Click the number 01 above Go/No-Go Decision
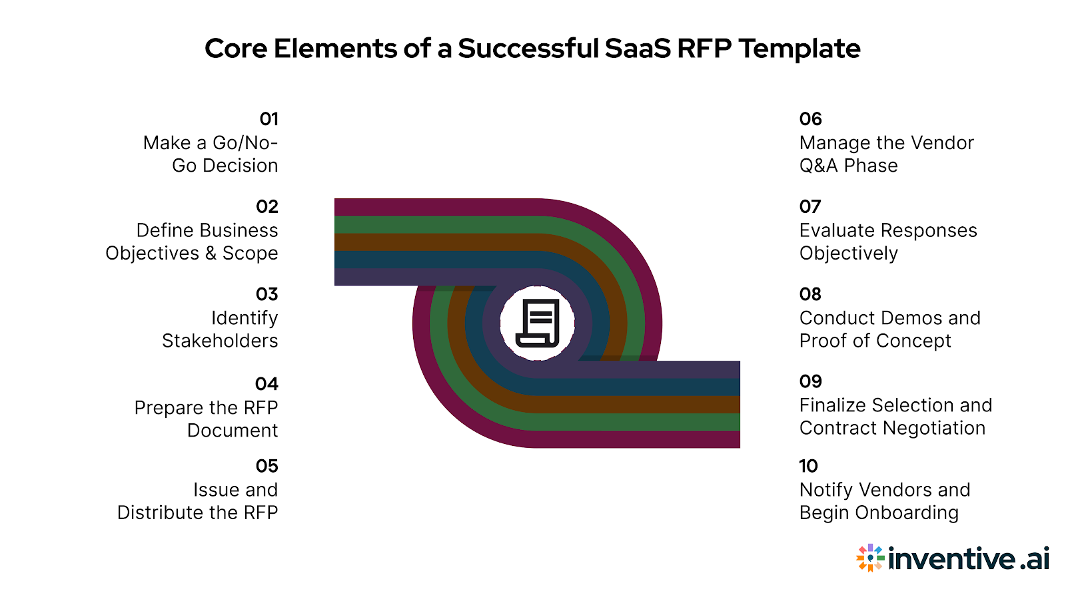268,119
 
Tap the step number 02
266,207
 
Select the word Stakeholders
220,341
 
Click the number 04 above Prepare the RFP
266,384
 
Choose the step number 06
810,119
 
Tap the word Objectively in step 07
848,254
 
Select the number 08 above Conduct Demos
810,294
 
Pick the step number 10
808,466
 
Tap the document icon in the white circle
538,323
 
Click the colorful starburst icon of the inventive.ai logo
870,558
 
